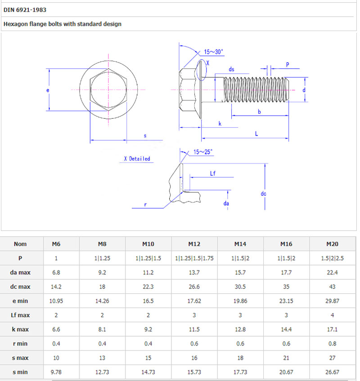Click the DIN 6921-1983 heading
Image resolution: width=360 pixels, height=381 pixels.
25,10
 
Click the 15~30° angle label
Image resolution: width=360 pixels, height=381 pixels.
213,52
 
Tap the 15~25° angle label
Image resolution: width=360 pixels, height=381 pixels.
203,152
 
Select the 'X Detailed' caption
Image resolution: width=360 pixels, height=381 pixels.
137,159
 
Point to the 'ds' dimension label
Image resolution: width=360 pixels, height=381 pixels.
231,69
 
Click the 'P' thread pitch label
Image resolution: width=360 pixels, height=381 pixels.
288,65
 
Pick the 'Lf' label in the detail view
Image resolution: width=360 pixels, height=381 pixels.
213,173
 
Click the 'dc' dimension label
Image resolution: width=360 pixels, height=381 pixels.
264,194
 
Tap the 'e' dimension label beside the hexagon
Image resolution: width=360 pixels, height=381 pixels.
48,90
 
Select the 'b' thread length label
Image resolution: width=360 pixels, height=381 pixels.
259,112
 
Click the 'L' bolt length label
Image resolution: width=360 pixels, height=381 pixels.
256,134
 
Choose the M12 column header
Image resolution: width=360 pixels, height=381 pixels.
194,244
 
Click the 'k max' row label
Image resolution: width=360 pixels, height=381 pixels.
20,329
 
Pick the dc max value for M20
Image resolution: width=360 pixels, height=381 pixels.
332,287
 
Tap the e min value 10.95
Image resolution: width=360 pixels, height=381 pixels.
56,301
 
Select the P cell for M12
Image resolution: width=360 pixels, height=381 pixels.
194,258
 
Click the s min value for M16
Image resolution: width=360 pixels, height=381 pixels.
286,372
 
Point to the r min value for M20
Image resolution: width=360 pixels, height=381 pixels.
332,344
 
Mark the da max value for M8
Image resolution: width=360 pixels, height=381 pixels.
102,273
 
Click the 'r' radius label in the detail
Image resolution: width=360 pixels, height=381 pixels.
145,205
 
